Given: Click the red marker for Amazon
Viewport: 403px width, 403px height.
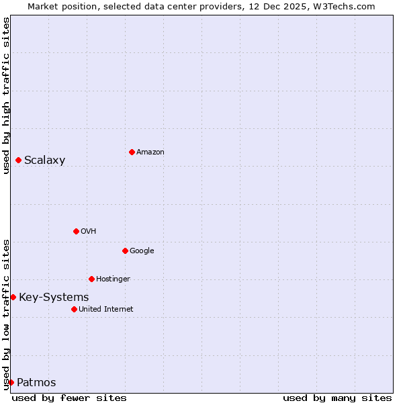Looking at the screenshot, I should [x=132, y=152].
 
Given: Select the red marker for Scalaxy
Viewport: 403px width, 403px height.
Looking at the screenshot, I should [x=18, y=160].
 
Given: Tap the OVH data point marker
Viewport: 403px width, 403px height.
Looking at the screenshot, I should [x=76, y=231].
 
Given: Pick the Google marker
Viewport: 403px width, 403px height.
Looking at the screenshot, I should [x=125, y=251].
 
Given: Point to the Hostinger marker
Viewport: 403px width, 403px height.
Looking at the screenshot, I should [x=91, y=279].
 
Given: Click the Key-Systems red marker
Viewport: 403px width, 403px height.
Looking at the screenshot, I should [x=13, y=297].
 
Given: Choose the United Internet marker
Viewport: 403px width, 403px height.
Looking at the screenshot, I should [x=74, y=309].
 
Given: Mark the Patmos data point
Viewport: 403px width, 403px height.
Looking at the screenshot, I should [x=11, y=382].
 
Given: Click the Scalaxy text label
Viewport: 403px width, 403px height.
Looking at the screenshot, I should [x=44, y=160].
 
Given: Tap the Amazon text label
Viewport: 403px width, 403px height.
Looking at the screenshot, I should [x=150, y=152].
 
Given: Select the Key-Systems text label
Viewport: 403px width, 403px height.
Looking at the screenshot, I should [x=54, y=297].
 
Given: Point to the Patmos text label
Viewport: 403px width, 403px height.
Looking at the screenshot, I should [x=36, y=383].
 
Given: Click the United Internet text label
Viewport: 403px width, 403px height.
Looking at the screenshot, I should [x=105, y=309].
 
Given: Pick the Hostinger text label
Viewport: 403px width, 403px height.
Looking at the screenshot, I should [x=113, y=279].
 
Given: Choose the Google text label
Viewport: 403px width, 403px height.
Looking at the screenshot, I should [x=142, y=251].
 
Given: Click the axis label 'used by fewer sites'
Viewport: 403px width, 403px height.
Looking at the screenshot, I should [x=69, y=398].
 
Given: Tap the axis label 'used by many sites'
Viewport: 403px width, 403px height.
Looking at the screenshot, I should [x=337, y=398].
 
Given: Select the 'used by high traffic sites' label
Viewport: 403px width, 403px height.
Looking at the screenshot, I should [x=6, y=95].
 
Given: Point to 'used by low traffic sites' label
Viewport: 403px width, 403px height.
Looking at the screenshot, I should [x=6, y=314].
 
